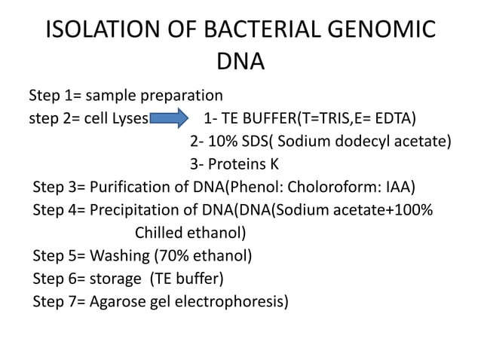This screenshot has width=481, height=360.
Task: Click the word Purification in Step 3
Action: (129, 188)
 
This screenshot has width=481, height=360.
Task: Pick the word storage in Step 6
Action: (116, 279)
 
